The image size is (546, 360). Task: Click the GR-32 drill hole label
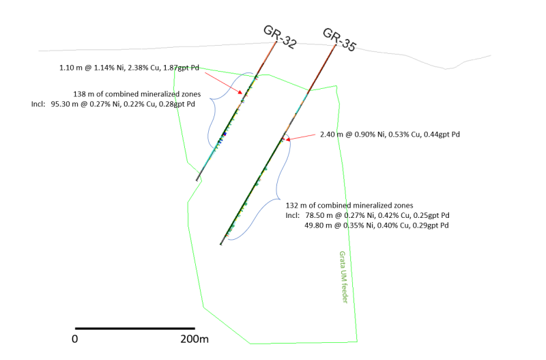(x=280, y=37)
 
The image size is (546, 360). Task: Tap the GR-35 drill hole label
(x=339, y=40)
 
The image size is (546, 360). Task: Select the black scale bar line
(x=135, y=329)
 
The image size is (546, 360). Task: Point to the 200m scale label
(x=195, y=339)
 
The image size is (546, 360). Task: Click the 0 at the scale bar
(x=75, y=339)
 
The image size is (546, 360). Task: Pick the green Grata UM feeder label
(x=343, y=277)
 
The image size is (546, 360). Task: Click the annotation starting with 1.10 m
(x=129, y=68)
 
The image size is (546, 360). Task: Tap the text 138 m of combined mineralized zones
(x=137, y=94)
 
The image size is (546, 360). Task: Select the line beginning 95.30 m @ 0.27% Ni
(x=123, y=105)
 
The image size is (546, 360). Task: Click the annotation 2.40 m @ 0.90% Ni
(x=390, y=135)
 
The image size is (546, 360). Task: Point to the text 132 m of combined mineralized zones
(x=349, y=206)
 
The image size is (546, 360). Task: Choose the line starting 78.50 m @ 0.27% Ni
(x=377, y=215)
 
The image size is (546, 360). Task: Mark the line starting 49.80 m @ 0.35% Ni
(x=377, y=225)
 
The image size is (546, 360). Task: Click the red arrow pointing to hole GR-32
(x=223, y=83)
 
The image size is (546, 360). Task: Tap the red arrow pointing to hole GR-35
(x=300, y=137)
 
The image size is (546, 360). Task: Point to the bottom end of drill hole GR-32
(x=197, y=180)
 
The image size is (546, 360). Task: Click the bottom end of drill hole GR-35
(x=220, y=244)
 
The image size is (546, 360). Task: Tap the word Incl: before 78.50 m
(x=293, y=215)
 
